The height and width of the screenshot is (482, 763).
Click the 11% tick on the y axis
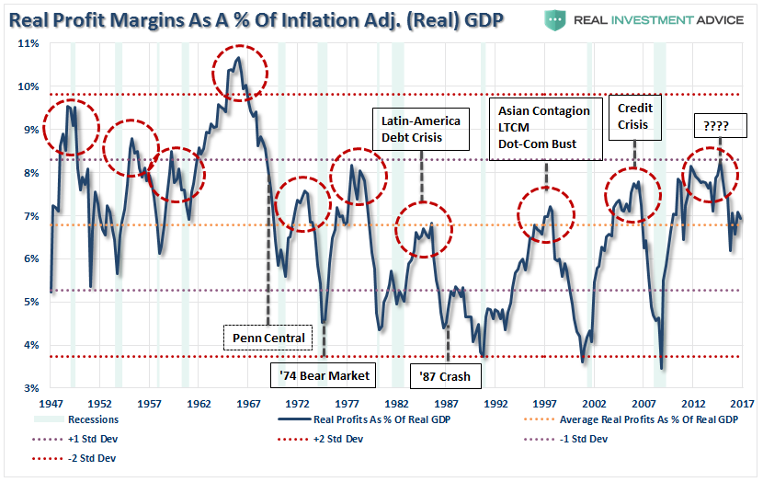pyautogui.click(x=28, y=43)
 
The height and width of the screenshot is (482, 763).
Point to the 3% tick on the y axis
pyautogui.click(x=29, y=388)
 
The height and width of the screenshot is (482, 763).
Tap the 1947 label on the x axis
pyautogui.click(x=51, y=404)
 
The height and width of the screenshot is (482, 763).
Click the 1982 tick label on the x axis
pyautogui.click(x=397, y=404)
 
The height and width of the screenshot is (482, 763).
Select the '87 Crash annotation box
pyautogui.click(x=446, y=375)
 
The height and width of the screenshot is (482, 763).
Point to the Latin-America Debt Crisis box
pyautogui.click(x=421, y=129)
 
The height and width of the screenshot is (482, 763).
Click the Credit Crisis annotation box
pyautogui.click(x=634, y=116)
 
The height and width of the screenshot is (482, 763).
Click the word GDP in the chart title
pyautogui.click(x=482, y=19)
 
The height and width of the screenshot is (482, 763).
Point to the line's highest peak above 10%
pyautogui.click(x=238, y=58)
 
